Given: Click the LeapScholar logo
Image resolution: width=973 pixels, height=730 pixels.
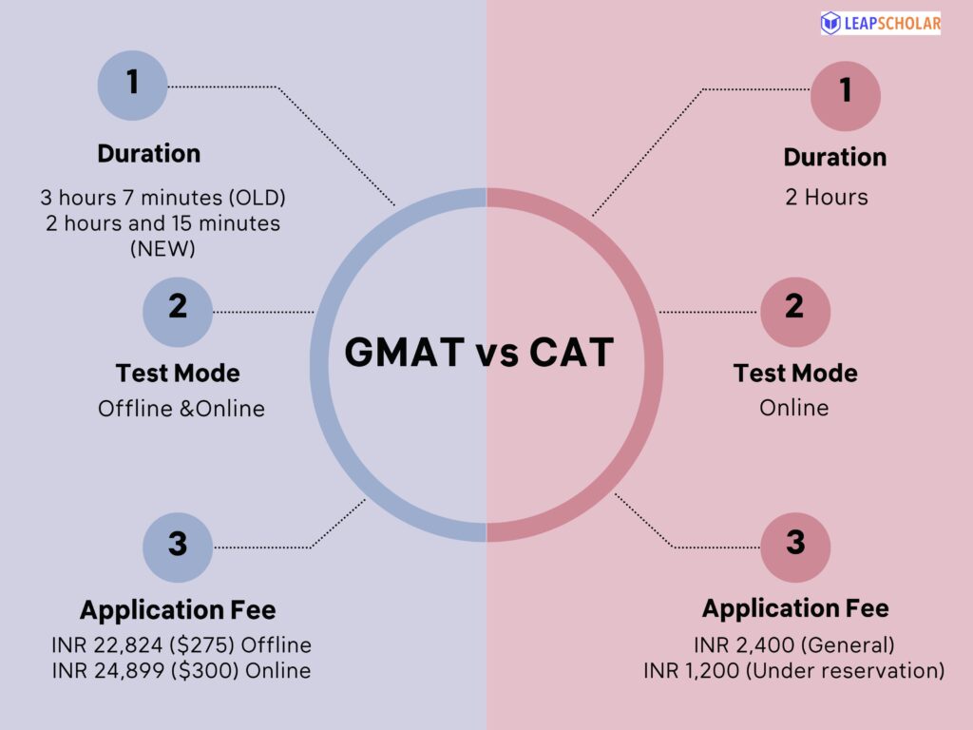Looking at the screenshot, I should (880, 24).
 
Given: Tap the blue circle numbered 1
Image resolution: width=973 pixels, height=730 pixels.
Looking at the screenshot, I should (133, 84).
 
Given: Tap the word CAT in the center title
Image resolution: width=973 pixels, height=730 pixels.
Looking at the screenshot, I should (572, 354).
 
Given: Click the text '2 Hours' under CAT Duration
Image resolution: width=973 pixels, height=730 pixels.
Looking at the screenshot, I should (826, 198).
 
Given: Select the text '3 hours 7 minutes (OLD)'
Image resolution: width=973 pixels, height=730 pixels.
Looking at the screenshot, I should (162, 198).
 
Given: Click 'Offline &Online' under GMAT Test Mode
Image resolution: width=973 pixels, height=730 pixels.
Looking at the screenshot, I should (181, 409).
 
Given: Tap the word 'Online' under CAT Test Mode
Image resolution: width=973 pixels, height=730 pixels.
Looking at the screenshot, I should (793, 408).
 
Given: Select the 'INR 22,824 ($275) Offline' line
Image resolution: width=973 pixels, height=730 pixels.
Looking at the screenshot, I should (181, 645).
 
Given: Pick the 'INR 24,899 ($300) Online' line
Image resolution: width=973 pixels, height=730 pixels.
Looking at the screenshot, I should (181, 670).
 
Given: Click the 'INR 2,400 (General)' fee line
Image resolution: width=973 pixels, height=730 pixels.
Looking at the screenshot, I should (793, 645).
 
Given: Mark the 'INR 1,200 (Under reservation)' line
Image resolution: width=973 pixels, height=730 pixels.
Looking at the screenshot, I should (793, 670).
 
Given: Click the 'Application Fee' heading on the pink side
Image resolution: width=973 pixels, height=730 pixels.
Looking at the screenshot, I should (795, 608).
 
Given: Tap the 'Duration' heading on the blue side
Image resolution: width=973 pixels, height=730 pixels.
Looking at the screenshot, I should (149, 154).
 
